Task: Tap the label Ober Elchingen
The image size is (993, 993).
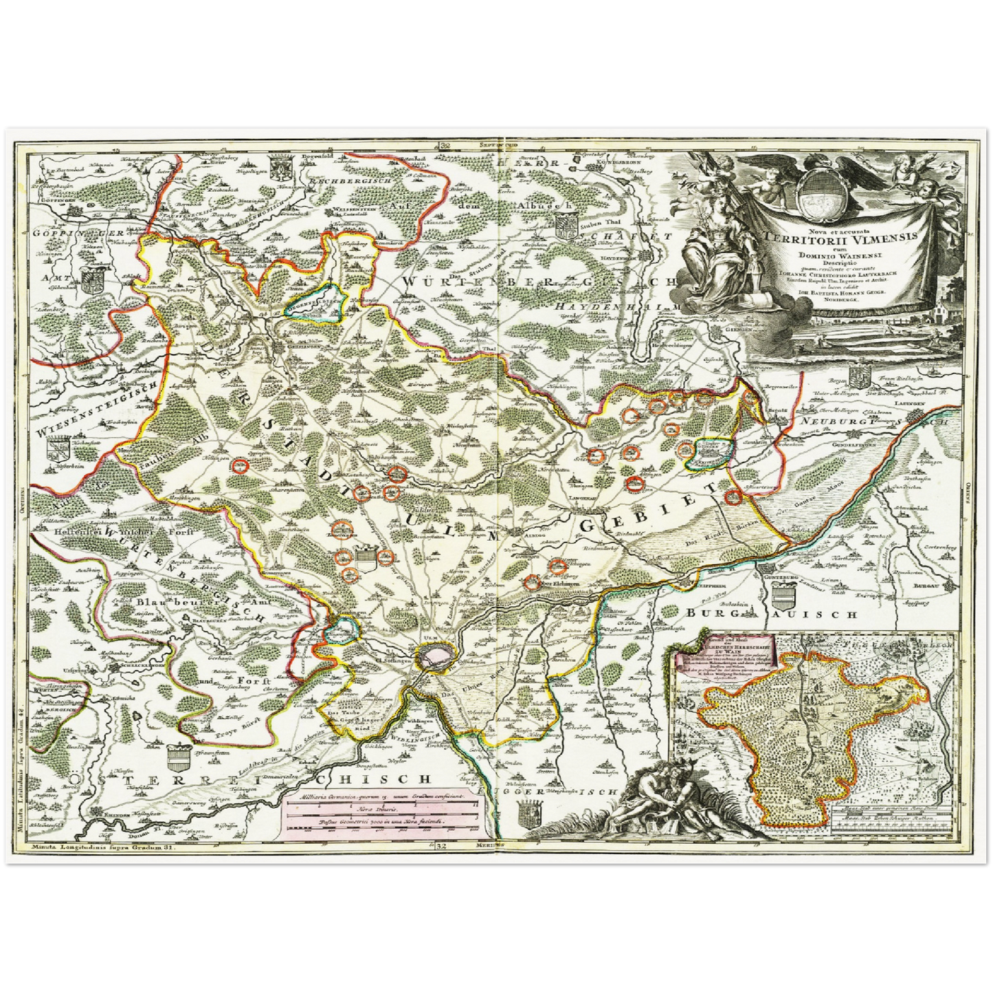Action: pyautogui.click(x=556, y=584)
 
